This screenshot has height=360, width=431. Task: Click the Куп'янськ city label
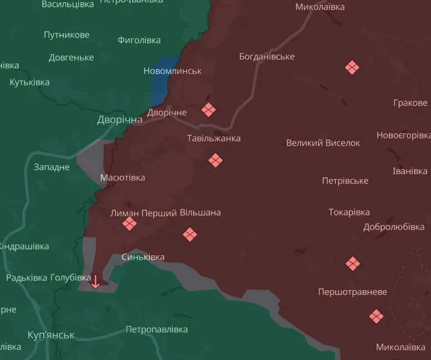coord(51,335)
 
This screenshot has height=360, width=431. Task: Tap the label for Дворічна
coord(120,120)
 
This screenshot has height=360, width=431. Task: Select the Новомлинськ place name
coord(173,71)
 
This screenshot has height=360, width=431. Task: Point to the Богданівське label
coord(267,57)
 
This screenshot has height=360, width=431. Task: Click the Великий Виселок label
coord(323,143)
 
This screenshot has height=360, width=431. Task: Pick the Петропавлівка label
coord(156,329)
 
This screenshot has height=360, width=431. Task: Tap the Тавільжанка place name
coord(214,138)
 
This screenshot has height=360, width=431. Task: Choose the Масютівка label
coord(123,178)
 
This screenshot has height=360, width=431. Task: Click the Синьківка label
coord(143,257)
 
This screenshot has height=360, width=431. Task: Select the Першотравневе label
coord(353,292)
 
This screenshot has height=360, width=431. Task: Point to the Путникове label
coord(67,35)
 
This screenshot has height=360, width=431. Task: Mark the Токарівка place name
coord(349,212)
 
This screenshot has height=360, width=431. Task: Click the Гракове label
coord(410,103)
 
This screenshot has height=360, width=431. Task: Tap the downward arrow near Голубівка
coord(95,281)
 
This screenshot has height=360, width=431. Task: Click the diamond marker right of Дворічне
coord(209,110)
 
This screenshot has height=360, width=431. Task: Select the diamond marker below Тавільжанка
coord(215,161)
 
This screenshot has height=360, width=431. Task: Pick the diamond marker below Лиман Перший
coord(129,224)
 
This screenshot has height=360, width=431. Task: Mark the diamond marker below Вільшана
coord(190,235)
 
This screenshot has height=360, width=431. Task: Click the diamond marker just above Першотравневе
coord(353,263)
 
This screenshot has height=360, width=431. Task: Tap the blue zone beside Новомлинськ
coord(163,80)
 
